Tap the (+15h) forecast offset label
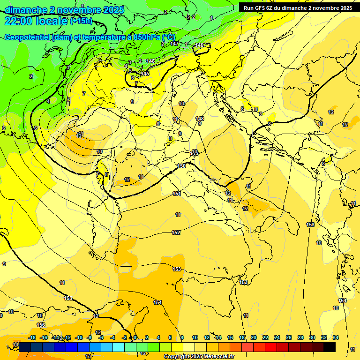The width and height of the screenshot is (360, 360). click(x=81, y=21)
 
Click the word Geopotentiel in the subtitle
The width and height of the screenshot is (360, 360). click(x=27, y=37)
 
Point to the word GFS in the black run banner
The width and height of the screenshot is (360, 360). click(x=261, y=8)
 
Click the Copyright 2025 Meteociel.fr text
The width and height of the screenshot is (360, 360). click(x=199, y=356)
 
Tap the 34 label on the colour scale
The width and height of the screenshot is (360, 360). click(x=336, y=337)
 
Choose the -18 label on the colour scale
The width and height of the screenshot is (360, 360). click(x=32, y=337)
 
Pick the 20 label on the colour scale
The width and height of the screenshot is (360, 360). click(x=254, y=337)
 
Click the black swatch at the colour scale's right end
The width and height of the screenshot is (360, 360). click(x=330, y=347)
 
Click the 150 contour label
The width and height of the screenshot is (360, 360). click(x=181, y=166)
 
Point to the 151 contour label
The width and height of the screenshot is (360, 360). click(x=176, y=194)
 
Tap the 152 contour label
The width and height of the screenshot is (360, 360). click(x=176, y=232)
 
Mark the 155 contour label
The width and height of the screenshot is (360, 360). click(x=68, y=298)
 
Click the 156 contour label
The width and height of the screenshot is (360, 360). click(x=41, y=325)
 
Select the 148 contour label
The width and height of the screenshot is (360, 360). click(x=200, y=119)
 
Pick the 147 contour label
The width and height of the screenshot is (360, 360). click(x=174, y=44)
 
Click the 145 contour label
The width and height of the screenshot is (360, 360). click(x=145, y=74)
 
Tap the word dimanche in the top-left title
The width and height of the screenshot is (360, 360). click(x=24, y=10)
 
